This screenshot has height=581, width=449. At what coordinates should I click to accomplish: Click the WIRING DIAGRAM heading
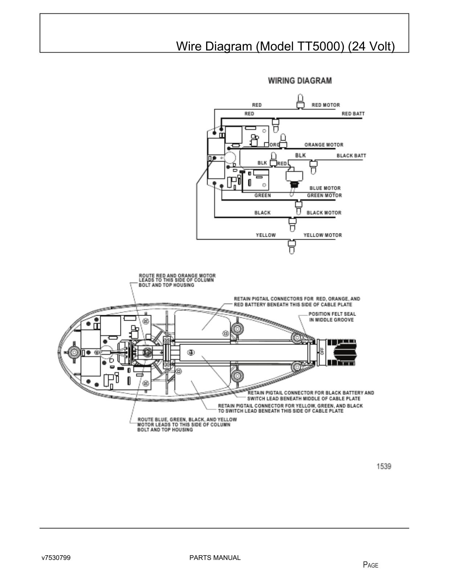300,81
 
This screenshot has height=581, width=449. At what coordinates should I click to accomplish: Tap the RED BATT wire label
353,114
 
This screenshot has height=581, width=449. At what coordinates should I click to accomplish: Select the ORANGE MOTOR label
324,145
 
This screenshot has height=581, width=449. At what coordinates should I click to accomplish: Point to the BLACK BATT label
351,156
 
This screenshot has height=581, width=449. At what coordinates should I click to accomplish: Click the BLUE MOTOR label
325,188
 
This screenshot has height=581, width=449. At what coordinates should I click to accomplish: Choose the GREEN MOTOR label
324,195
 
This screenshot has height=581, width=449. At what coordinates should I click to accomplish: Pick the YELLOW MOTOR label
323,235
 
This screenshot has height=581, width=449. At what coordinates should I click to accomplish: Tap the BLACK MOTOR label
324,212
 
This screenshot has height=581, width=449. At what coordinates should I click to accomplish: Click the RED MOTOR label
326,105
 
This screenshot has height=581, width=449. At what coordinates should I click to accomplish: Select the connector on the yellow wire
291,247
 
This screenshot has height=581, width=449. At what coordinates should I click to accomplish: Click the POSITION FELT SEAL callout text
332,317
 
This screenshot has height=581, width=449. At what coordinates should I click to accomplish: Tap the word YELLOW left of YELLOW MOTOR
266,235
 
